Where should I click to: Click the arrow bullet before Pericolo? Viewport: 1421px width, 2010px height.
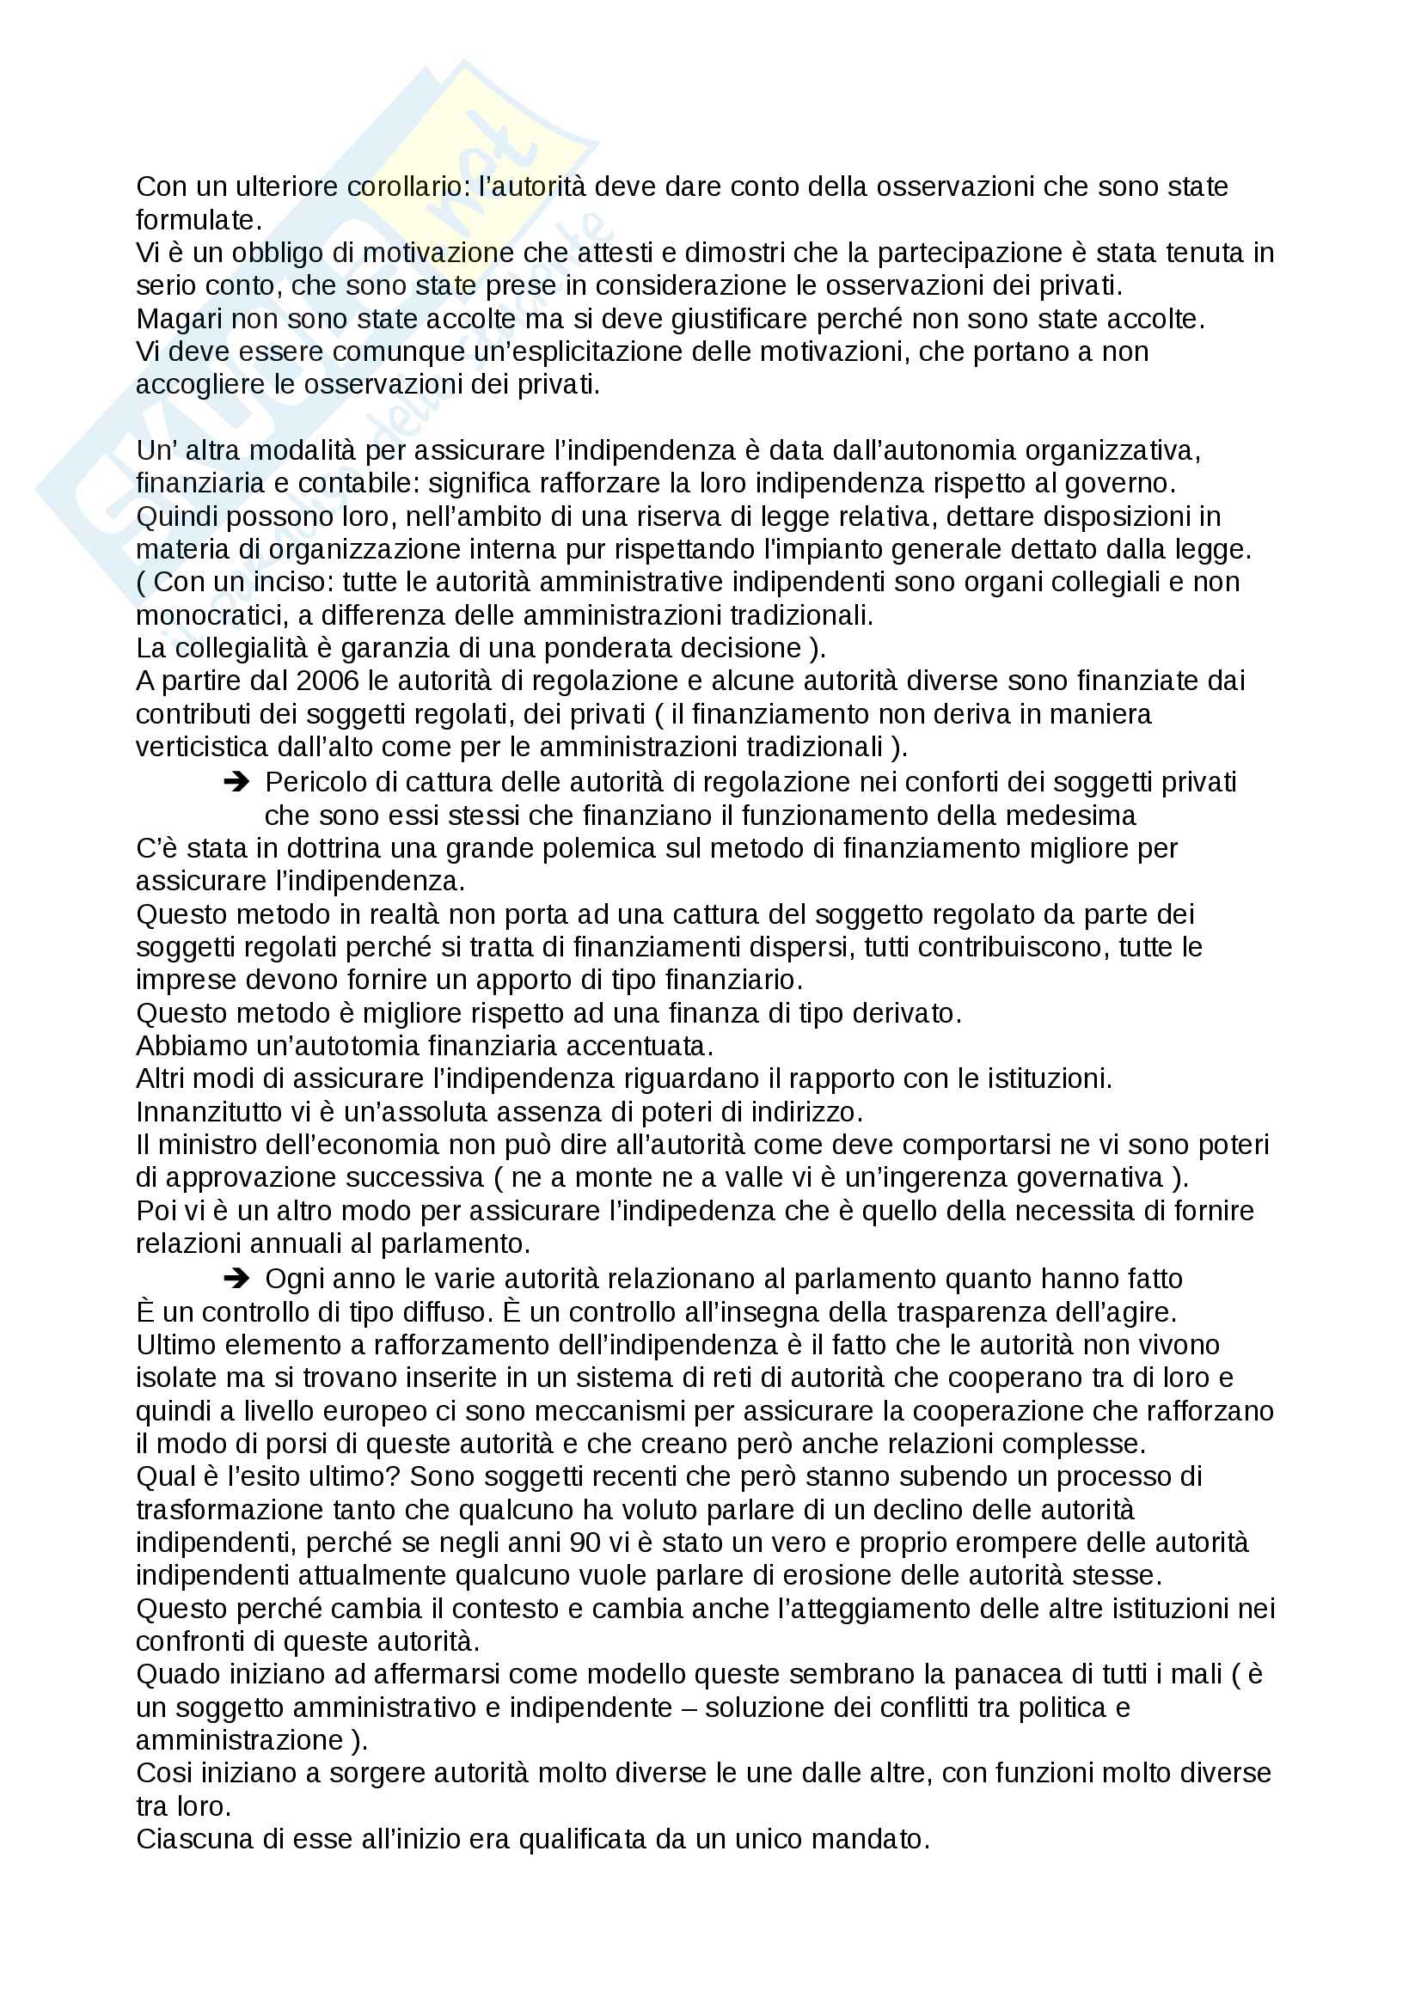(236, 782)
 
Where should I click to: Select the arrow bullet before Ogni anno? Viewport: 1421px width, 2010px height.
(236, 1279)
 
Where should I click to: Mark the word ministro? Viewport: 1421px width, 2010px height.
(207, 1145)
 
